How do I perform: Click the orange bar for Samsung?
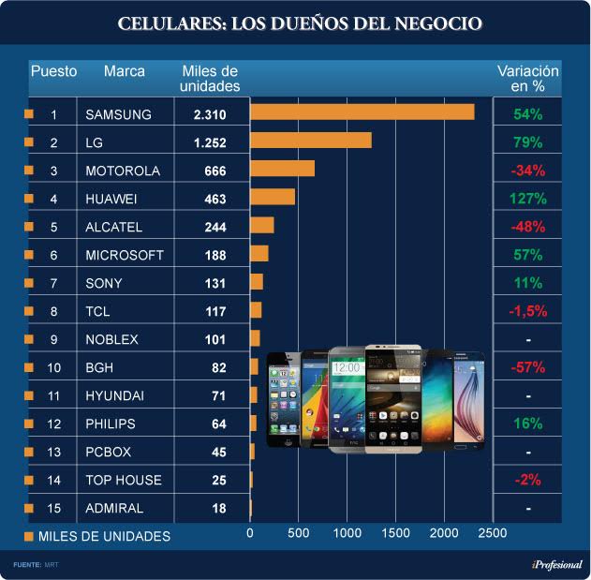point(362,112)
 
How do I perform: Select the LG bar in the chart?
point(310,141)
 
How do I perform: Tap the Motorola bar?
point(282,169)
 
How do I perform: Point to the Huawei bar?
point(272,197)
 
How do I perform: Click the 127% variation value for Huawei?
point(527,199)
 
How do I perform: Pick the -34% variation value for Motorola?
point(527,171)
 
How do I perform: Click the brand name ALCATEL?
point(113,227)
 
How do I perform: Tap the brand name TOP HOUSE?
point(123,480)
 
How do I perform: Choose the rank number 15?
point(53,508)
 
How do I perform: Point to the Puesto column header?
point(54,71)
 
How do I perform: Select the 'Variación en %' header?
point(527,78)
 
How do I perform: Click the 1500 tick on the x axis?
point(395,533)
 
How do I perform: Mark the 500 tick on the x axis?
point(298,533)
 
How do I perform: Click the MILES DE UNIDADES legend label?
point(104,537)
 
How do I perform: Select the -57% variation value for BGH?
point(527,367)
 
